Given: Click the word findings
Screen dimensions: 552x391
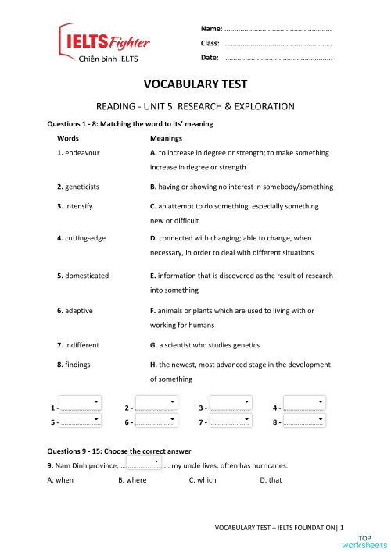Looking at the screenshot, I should pos(78,364).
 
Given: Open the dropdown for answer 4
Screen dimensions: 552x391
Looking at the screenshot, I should pos(303,404).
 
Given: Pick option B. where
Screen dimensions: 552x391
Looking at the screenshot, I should pos(132,480).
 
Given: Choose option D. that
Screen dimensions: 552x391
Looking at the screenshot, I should pos(271,480).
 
